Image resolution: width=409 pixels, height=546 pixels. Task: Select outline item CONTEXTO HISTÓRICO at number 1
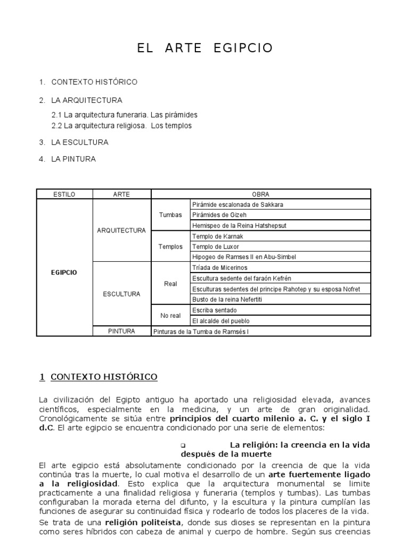click(94, 82)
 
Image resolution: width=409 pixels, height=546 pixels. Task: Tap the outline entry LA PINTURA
click(73, 159)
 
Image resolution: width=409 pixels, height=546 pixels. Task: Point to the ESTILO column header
click(64, 195)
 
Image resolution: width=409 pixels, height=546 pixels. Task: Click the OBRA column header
click(261, 195)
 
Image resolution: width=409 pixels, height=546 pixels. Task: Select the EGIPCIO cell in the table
click(64, 272)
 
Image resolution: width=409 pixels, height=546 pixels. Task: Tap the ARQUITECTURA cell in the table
click(121, 230)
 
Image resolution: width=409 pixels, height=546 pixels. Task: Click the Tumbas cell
click(170, 215)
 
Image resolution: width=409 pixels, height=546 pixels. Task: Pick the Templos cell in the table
click(170, 246)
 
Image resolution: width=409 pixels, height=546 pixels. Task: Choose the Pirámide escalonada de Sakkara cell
click(238, 205)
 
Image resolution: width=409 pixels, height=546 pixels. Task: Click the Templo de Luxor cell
click(216, 246)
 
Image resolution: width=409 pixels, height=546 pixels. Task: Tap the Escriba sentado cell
click(215, 310)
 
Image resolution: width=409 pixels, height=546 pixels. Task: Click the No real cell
click(170, 315)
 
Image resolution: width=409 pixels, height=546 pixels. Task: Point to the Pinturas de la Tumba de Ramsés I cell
click(200, 331)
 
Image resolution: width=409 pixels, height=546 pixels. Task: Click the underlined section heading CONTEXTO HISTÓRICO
click(104, 377)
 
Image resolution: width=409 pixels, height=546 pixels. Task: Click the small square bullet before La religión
click(183, 445)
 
